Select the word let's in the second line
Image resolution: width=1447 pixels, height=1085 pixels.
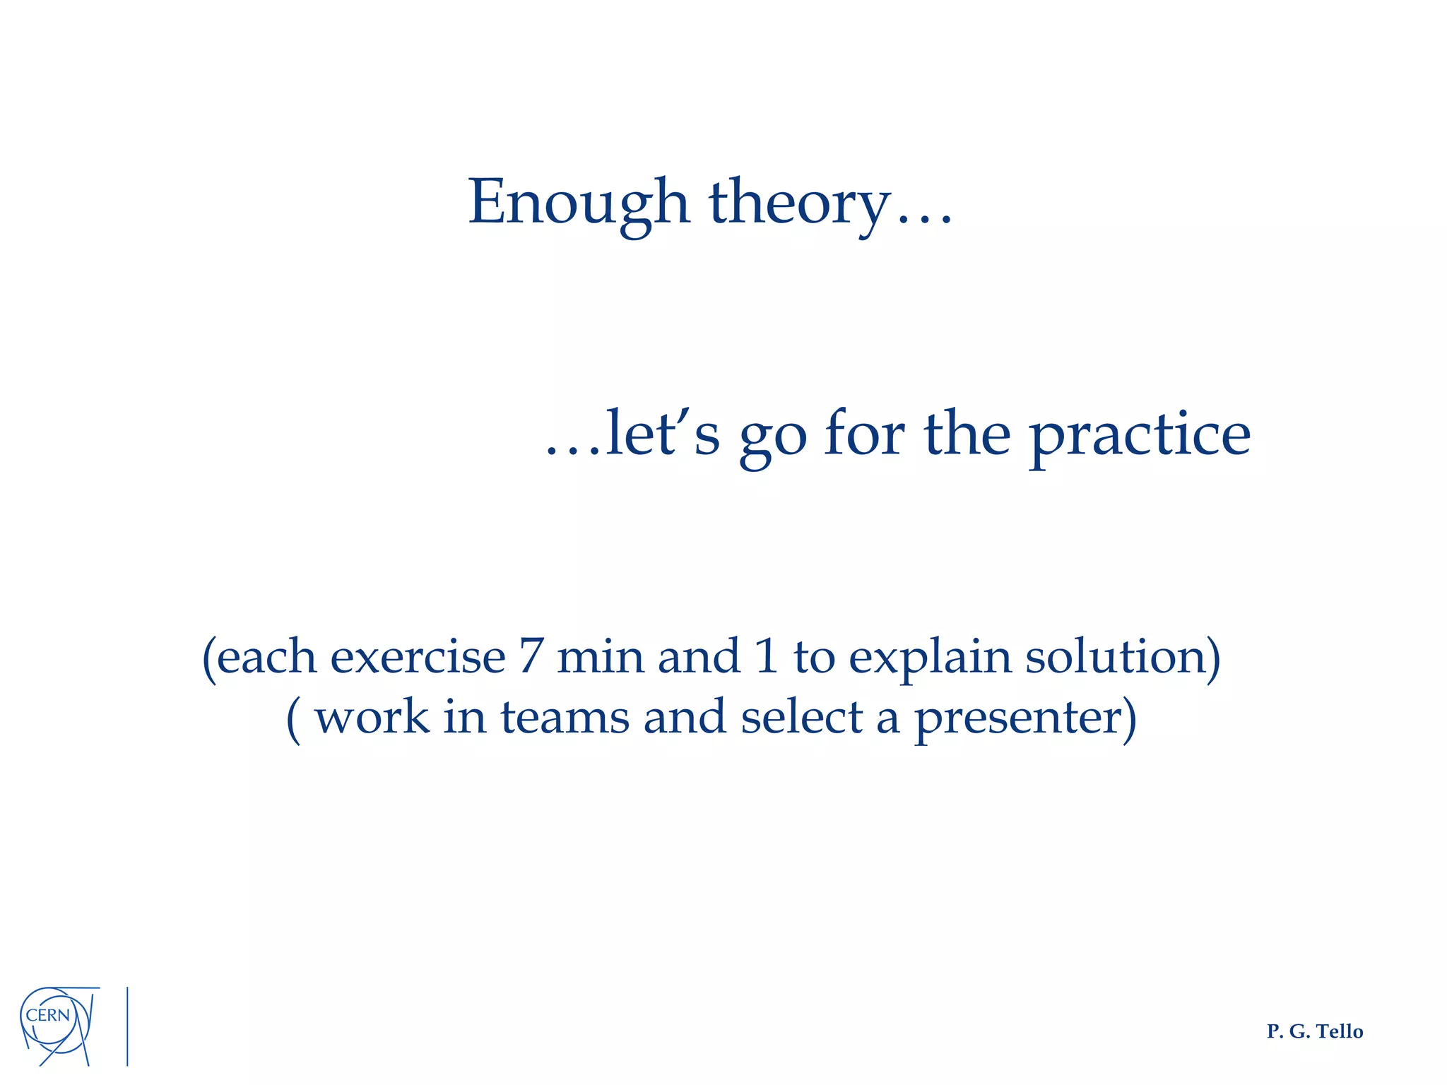(x=662, y=434)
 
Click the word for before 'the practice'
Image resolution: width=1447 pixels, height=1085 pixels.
(x=865, y=434)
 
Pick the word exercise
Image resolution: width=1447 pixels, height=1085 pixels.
(x=418, y=657)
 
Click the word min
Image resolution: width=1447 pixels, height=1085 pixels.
(x=600, y=657)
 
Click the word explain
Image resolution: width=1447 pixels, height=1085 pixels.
(x=930, y=658)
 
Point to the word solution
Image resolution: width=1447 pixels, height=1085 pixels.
(x=1115, y=657)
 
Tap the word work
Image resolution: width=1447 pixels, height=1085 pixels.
(x=372, y=718)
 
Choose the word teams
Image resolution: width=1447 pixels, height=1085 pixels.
(x=565, y=718)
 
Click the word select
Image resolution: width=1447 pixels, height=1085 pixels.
(x=802, y=718)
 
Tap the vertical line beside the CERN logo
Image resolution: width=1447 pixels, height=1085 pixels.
(x=127, y=1026)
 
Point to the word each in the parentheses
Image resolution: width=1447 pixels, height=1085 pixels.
(x=266, y=657)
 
